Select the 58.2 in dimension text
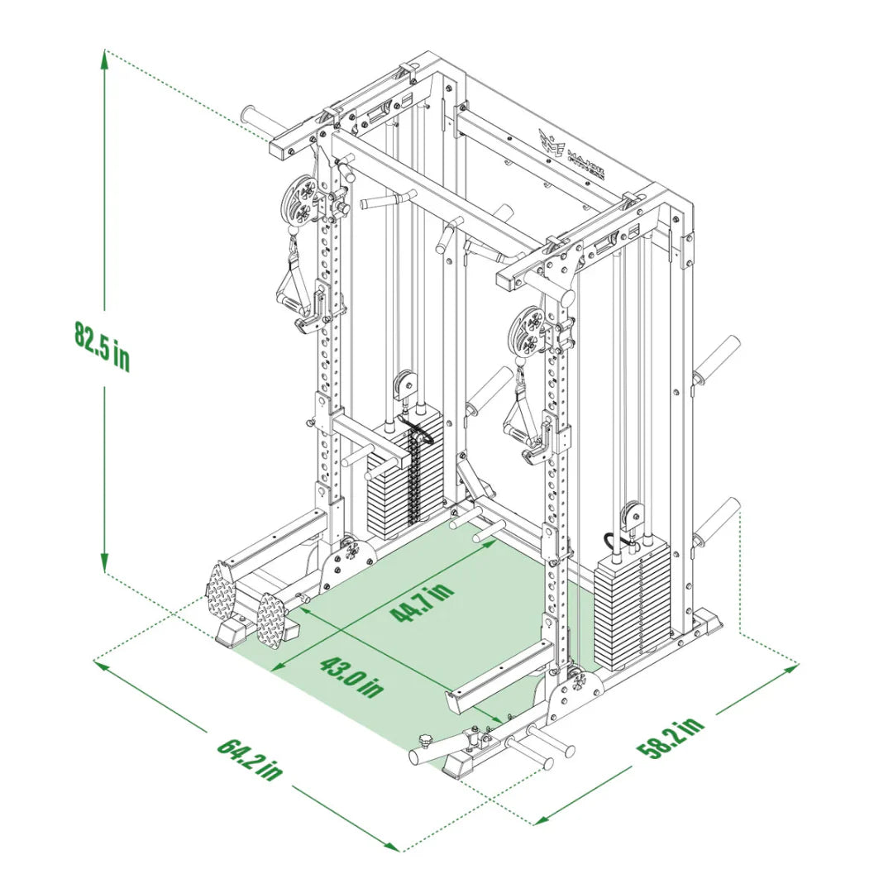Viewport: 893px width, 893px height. coord(671,738)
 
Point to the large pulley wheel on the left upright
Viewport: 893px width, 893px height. coord(298,199)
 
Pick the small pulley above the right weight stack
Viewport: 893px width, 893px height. coord(631,517)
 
